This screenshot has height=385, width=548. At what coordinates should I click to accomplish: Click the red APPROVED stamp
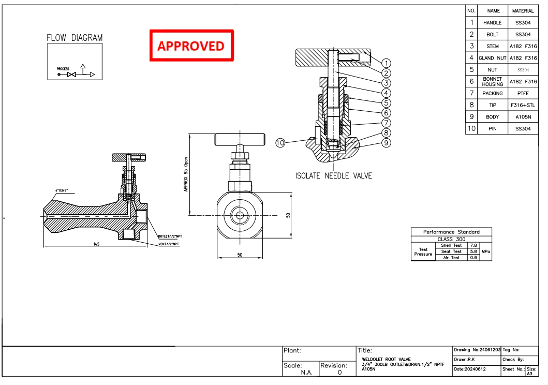pos(191,46)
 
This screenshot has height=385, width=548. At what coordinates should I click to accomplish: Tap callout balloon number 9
pos(386,143)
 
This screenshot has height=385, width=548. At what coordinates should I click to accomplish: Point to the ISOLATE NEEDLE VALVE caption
pos(333,176)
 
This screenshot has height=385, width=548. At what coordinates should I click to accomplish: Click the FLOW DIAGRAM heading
pos(75,38)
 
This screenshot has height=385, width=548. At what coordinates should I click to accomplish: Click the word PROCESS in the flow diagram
pos(63,69)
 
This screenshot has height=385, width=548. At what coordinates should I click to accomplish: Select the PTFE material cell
pos(523,94)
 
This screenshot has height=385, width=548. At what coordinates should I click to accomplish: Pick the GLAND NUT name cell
pos(492,58)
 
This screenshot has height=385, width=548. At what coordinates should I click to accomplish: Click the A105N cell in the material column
pos(523,117)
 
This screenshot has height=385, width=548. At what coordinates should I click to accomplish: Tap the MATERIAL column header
pos(523,11)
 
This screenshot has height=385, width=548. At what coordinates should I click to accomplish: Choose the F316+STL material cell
pos(523,105)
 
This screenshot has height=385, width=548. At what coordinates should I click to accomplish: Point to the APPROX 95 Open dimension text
pos(186,175)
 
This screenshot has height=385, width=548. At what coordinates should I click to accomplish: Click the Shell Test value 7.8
pos(472,245)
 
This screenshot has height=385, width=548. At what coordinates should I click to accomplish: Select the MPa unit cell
pos(485,251)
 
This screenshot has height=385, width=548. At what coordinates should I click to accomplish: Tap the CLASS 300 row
pos(451,239)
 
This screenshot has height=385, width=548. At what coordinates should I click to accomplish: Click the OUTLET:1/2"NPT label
pos(170,236)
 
